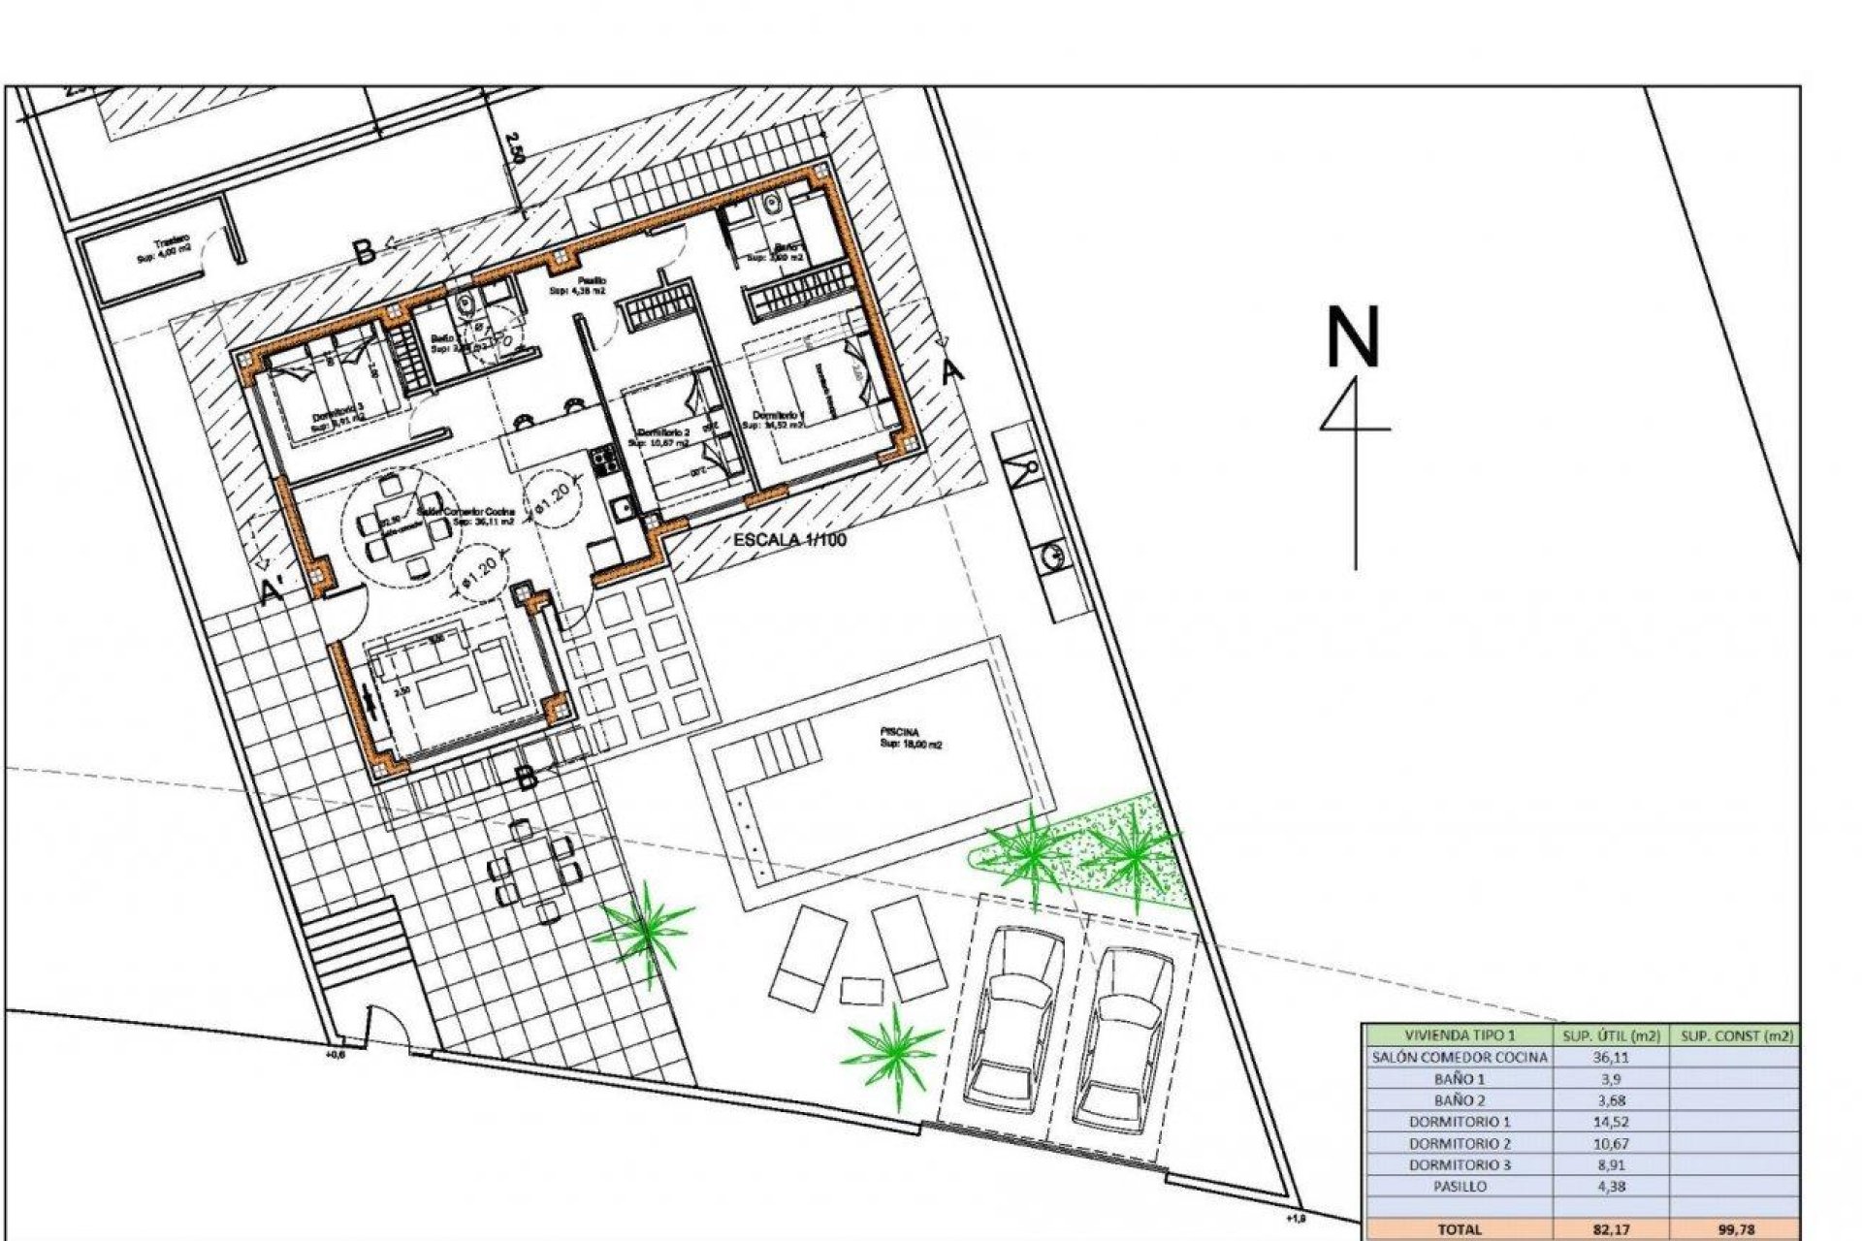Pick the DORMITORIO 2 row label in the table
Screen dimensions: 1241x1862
[1459, 1143]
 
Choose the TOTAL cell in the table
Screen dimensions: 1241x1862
[1459, 1229]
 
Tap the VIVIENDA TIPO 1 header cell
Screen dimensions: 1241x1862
[1459, 1035]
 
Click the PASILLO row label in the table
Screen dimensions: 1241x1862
[1459, 1186]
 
